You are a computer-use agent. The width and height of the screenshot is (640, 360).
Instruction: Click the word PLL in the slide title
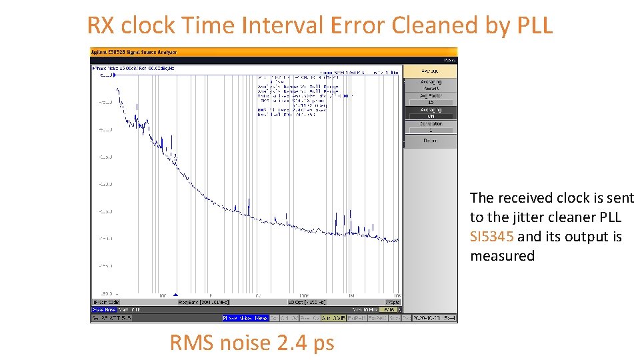click(x=535, y=25)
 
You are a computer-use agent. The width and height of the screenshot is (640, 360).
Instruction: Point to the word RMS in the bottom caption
click(x=192, y=343)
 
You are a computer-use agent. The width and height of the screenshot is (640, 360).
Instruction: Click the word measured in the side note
click(x=502, y=256)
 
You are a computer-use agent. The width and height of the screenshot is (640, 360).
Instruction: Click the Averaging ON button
click(x=430, y=113)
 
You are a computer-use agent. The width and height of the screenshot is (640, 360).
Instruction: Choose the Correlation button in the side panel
click(x=430, y=127)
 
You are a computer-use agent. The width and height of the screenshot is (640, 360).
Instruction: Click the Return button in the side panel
click(x=430, y=141)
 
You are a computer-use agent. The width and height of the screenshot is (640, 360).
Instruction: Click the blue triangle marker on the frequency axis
click(x=175, y=295)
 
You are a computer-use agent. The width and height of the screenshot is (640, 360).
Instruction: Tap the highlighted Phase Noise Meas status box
click(x=245, y=318)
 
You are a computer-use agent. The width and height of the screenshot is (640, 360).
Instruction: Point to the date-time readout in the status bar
click(x=434, y=318)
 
